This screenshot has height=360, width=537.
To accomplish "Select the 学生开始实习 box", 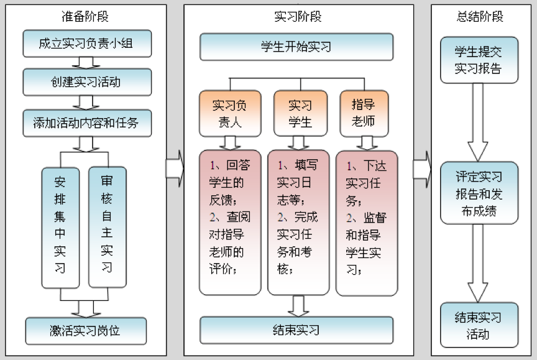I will point(296,47).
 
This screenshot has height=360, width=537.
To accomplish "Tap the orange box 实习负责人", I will point(229,113).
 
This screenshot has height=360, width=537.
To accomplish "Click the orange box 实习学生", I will point(300,113).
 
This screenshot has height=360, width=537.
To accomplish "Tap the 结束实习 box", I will point(296,330).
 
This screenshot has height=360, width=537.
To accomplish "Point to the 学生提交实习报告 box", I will point(479,60).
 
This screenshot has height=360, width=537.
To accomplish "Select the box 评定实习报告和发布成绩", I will point(479,193).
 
